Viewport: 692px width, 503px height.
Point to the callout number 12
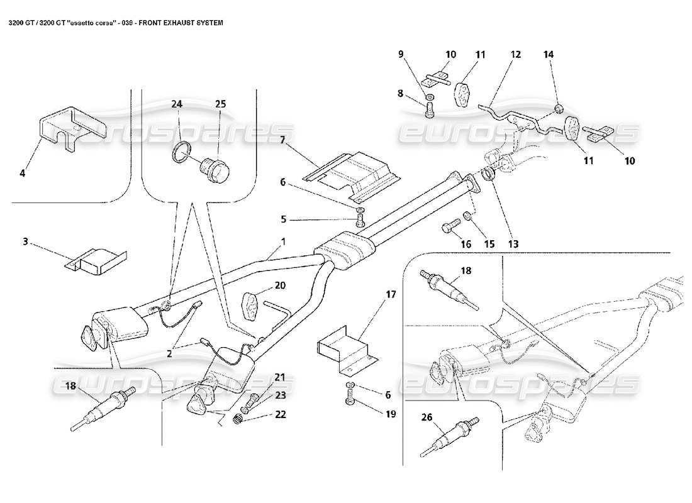pyautogui.click(x=516, y=55)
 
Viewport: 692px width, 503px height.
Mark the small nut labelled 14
pyautogui.click(x=559, y=111)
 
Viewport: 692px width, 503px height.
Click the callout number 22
pyautogui.click(x=280, y=414)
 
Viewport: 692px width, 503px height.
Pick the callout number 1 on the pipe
pyautogui.click(x=283, y=241)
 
